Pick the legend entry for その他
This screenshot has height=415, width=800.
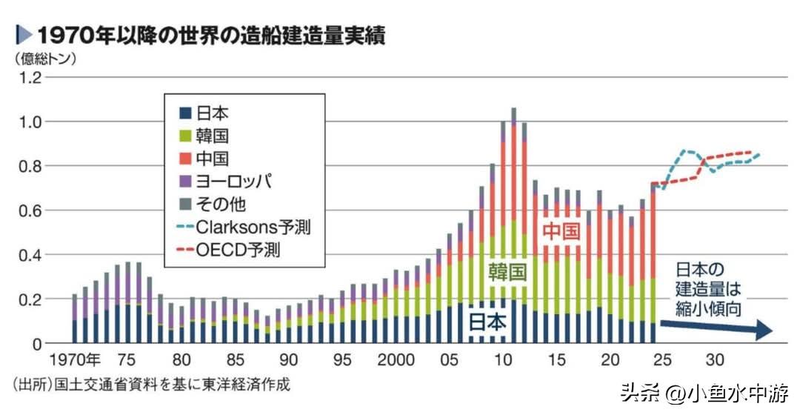click(x=212, y=203)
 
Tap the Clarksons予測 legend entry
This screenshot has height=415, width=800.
click(x=244, y=227)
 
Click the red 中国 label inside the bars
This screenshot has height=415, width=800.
click(x=561, y=232)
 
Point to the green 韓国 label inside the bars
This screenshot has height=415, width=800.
click(x=507, y=272)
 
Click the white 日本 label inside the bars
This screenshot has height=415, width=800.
click(x=487, y=322)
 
